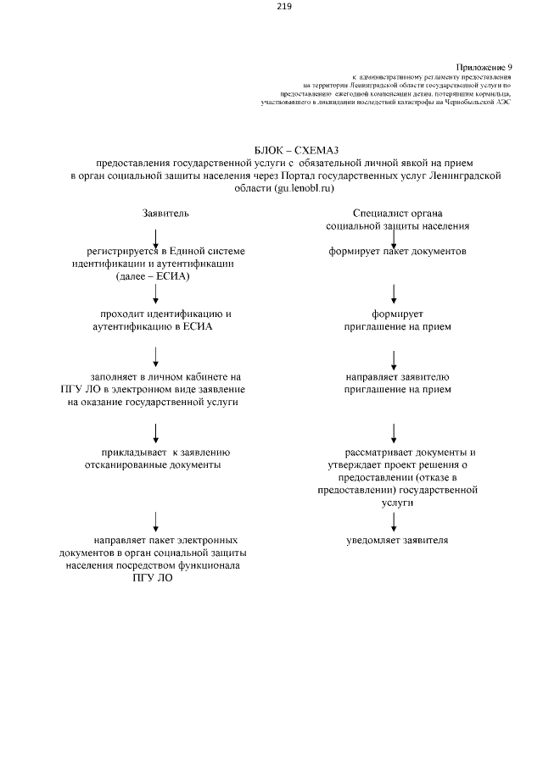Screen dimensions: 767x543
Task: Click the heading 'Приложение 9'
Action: [x=484, y=66]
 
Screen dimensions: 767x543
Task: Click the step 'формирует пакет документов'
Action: [x=398, y=251]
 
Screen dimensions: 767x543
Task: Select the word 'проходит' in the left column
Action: [x=127, y=314]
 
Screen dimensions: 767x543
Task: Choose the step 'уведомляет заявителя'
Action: [x=398, y=539]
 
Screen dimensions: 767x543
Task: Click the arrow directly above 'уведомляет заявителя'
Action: [x=394, y=519]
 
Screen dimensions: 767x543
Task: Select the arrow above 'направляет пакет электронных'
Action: [x=157, y=519]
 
